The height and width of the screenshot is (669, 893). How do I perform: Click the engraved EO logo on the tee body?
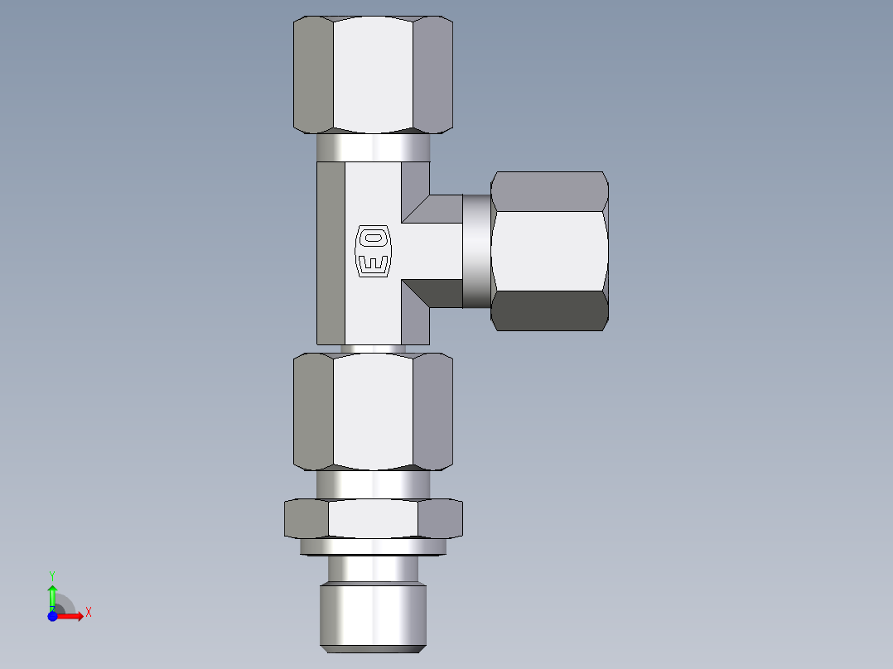coord(372,252)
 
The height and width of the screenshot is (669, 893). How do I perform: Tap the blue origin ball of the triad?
coord(52,616)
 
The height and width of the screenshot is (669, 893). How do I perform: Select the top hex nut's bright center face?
coord(373,75)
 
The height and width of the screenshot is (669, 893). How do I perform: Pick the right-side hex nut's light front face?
coord(548,251)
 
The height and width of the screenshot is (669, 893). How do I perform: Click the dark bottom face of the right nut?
coord(550,310)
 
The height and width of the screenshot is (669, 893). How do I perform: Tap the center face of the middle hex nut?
coord(373,411)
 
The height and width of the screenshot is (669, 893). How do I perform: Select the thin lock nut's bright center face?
coord(373,519)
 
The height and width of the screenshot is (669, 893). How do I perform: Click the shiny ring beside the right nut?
coord(476,251)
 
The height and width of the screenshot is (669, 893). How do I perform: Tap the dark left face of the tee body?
coord(331,253)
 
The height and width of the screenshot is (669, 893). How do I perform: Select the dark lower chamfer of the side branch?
coord(432,292)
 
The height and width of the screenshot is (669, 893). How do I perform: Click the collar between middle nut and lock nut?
coord(373,484)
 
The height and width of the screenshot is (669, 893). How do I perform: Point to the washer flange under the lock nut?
coord(373,546)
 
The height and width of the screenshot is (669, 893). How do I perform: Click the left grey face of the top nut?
coord(313,75)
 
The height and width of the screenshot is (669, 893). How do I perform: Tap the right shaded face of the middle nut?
coord(432,411)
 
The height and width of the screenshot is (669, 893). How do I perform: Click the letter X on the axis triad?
coord(88,613)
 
